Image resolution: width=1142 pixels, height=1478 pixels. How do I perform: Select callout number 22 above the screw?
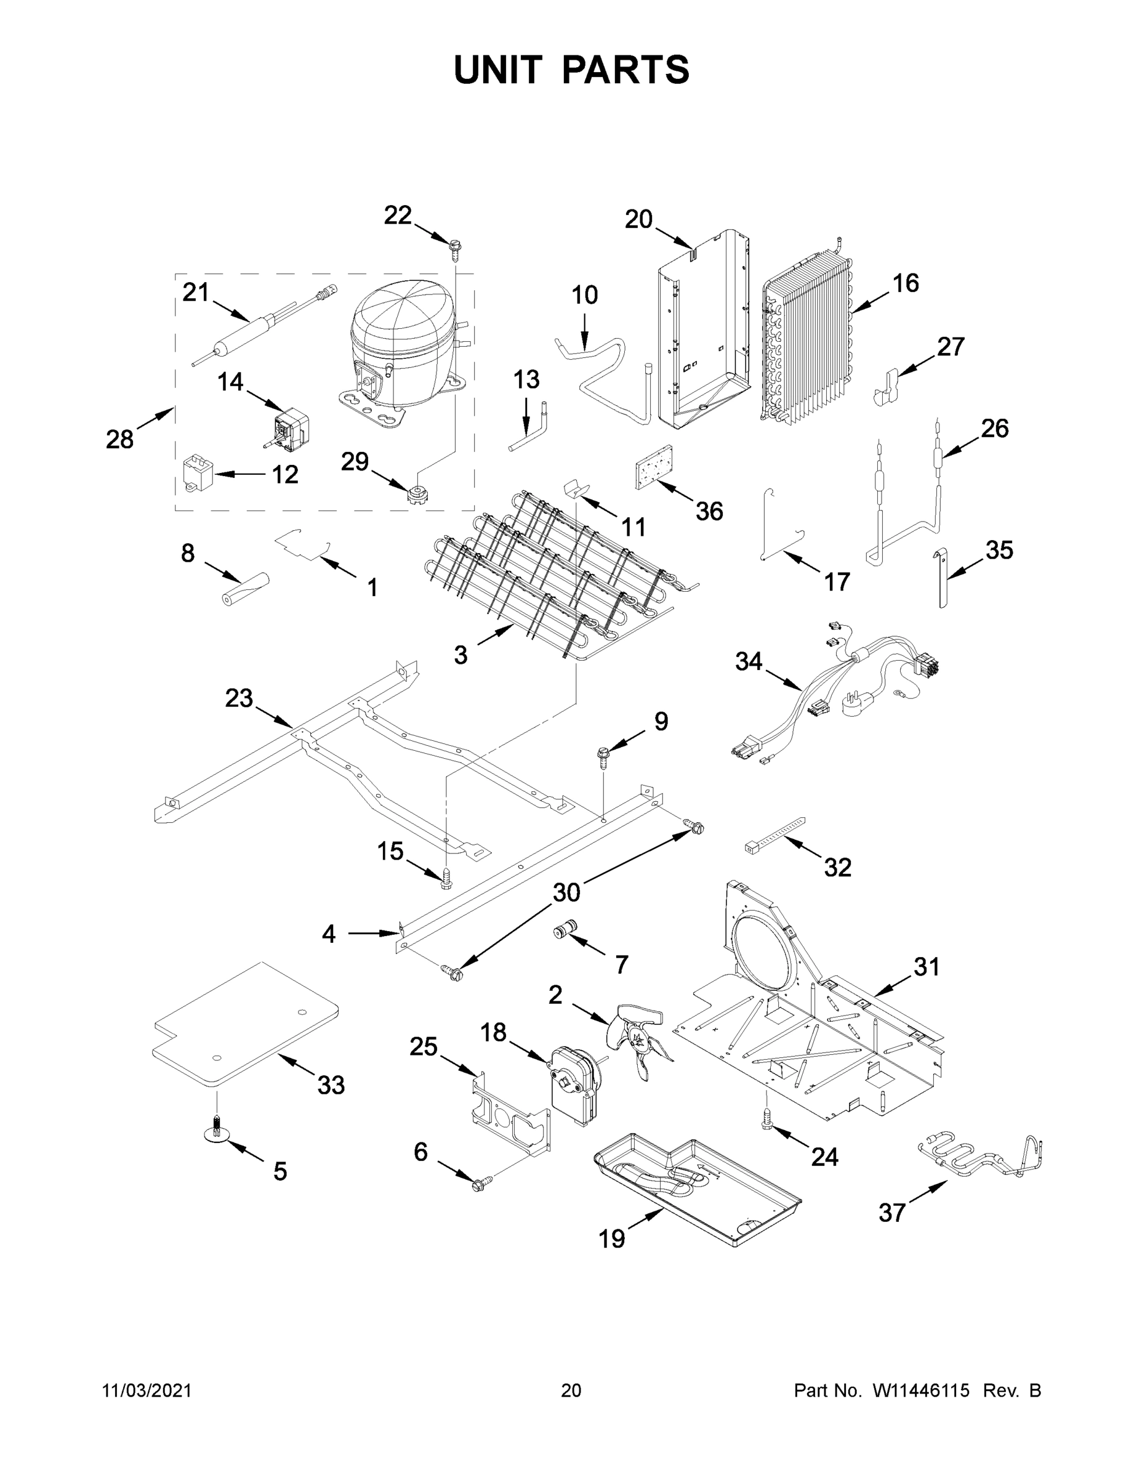pos(398,215)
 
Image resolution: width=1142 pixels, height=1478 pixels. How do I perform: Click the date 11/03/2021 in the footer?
pos(147,1390)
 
